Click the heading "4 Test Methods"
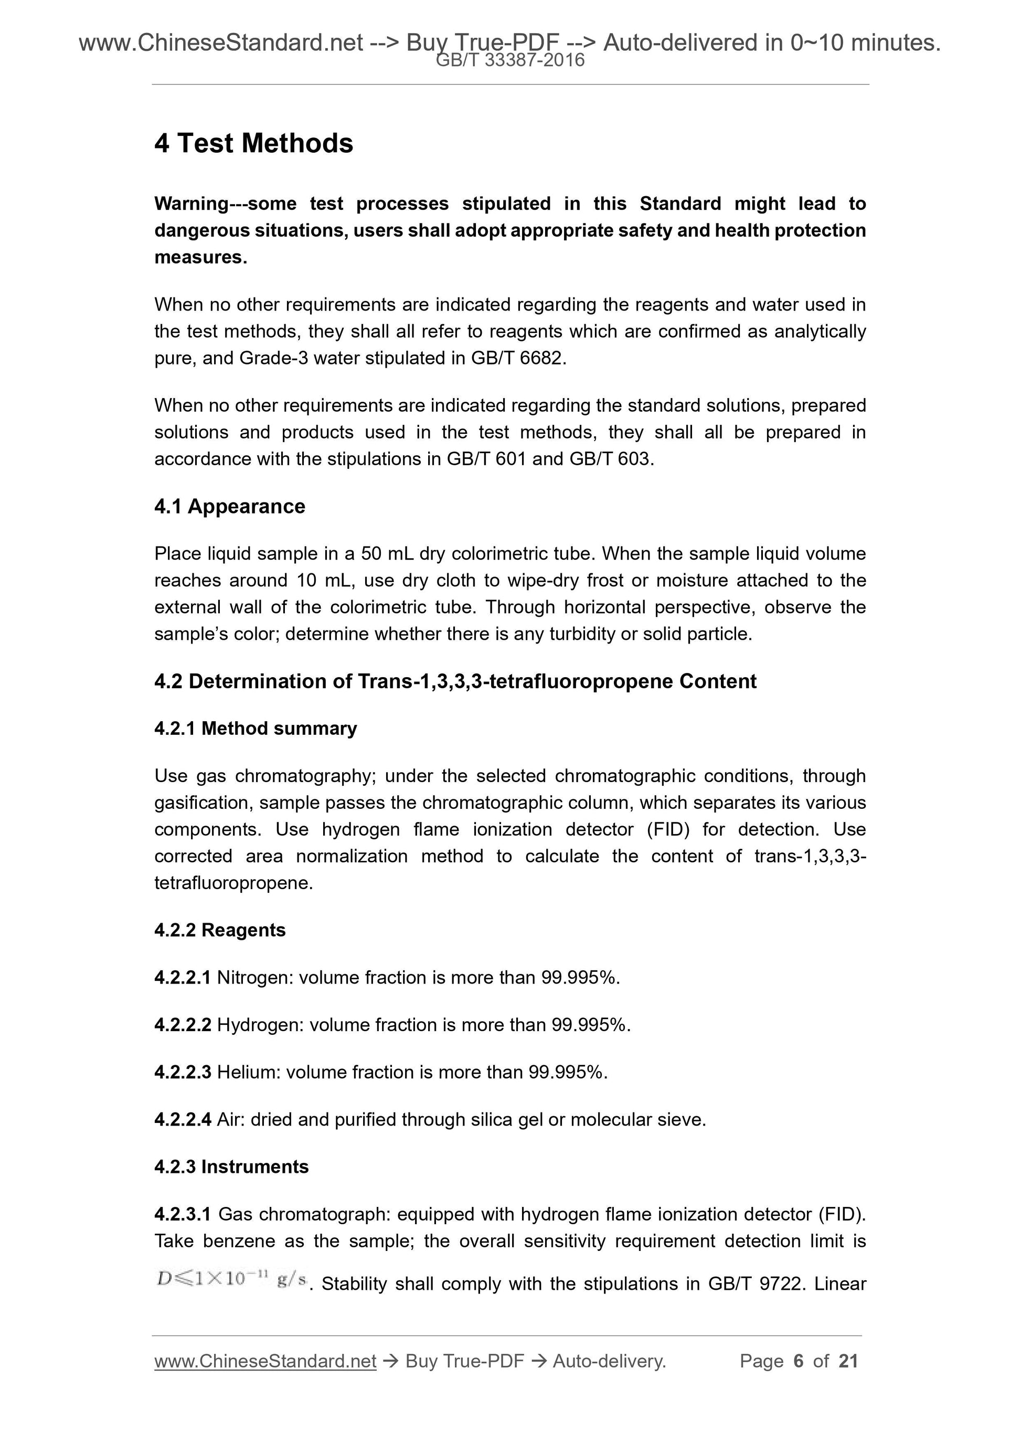pos(253,143)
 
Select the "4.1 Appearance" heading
pos(230,506)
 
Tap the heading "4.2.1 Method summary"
pos(256,728)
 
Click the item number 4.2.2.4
pos(183,1119)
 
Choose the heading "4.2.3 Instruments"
pos(231,1167)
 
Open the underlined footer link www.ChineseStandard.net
pos(265,1362)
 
